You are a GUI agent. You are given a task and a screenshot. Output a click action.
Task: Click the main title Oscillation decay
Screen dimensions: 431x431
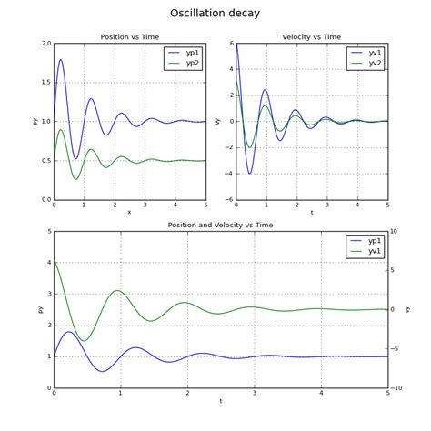(x=215, y=14)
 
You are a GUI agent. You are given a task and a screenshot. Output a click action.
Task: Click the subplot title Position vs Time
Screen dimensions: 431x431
(x=129, y=37)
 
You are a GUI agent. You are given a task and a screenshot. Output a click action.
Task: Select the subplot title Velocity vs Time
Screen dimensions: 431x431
(x=311, y=37)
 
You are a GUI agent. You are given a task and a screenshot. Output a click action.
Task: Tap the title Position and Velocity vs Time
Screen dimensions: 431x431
(x=220, y=225)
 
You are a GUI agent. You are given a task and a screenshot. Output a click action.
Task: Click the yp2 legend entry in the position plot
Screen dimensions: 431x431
(x=193, y=64)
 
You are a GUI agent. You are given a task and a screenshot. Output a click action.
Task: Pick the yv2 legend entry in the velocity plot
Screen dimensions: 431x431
(x=375, y=64)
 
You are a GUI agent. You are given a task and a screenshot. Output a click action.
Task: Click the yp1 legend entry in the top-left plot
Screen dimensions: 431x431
(x=193, y=53)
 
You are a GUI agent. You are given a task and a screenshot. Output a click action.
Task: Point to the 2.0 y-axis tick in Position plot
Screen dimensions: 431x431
(x=45, y=44)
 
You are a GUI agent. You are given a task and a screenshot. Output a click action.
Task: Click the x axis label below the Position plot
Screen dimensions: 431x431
(x=129, y=212)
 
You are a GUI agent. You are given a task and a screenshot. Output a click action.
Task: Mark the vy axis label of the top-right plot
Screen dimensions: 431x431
(x=218, y=121)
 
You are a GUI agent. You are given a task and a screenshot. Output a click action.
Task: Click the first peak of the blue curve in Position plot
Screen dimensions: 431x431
(x=61, y=60)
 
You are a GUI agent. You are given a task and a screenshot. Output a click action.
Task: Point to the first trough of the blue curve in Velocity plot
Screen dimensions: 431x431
(x=250, y=173)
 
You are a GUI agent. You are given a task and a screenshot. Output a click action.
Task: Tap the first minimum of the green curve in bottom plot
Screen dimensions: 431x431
(x=85, y=341)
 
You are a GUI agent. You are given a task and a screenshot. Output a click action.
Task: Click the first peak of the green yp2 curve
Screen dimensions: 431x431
(x=61, y=129)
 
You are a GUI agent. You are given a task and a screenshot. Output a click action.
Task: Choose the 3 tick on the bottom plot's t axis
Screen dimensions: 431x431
(x=254, y=393)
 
